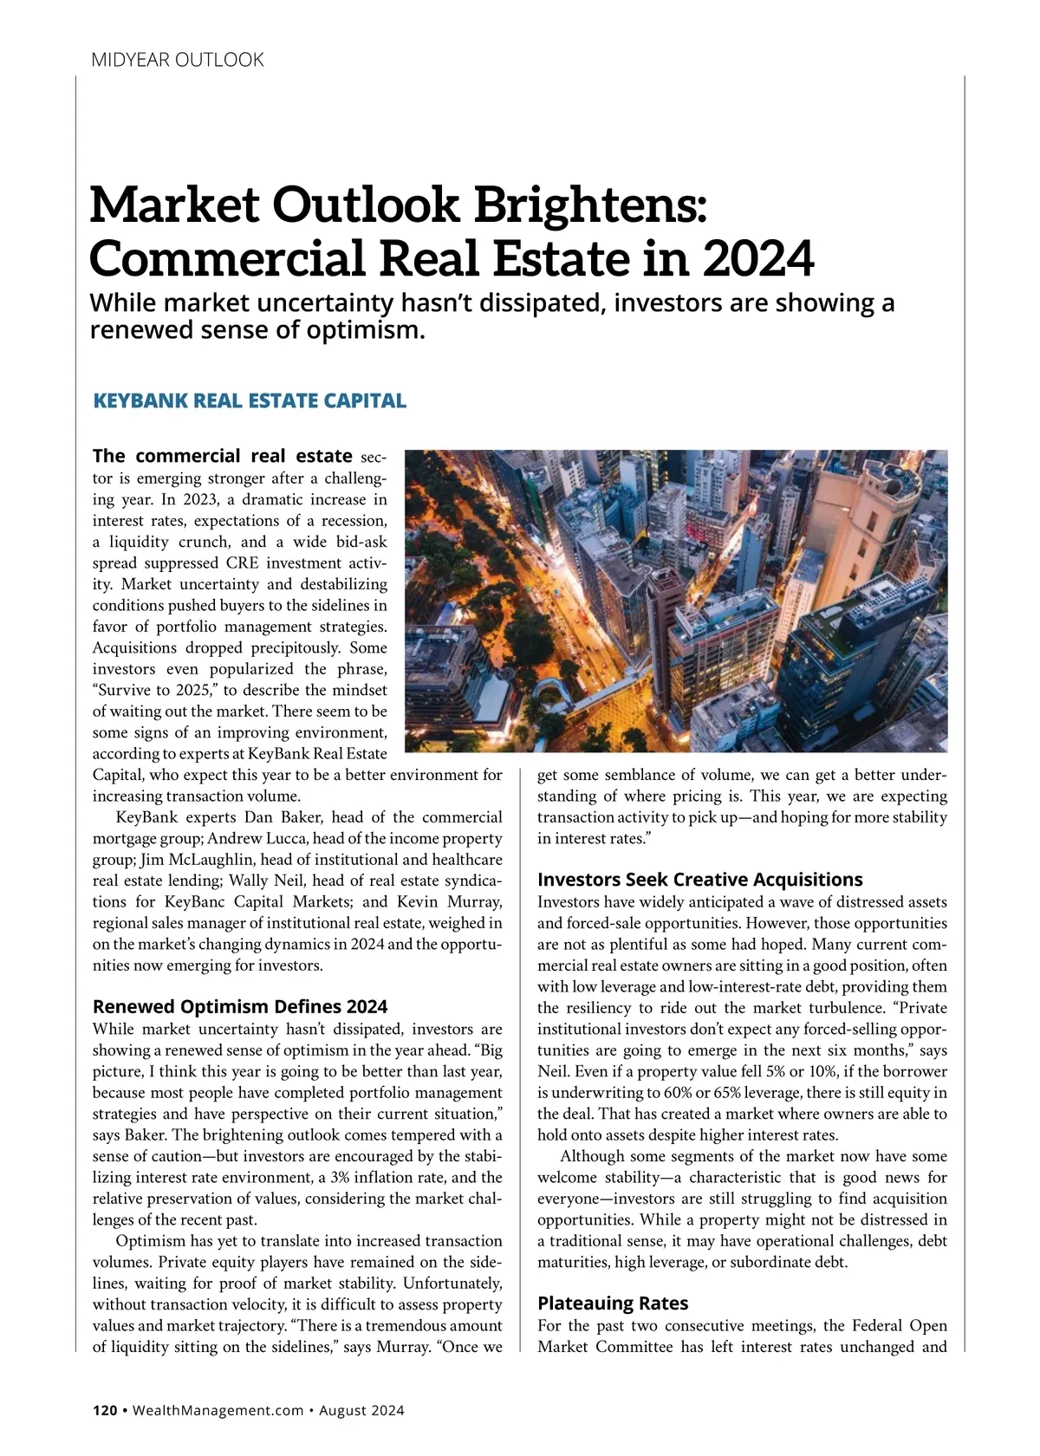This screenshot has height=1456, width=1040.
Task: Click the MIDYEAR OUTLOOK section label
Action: coord(177,60)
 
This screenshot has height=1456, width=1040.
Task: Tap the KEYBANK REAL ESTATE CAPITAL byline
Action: coord(249,400)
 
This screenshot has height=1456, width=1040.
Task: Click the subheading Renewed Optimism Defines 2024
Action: coord(240,1006)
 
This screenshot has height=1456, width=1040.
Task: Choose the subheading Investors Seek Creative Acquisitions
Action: coord(699,880)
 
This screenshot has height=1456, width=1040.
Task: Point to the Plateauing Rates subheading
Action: coord(613,1303)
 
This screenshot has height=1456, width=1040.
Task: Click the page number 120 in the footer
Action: coord(105,1410)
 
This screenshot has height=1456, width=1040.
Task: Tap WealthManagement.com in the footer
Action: coord(218,1410)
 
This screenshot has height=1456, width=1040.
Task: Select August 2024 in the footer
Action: coord(361,1410)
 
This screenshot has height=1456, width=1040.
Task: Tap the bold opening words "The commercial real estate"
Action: coord(223,456)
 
